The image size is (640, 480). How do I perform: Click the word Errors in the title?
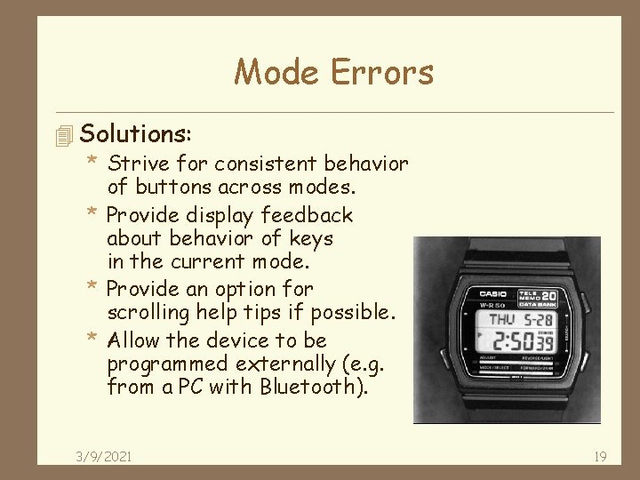(x=384, y=71)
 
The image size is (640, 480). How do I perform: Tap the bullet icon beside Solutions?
(x=62, y=136)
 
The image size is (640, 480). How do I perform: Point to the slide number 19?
(x=599, y=456)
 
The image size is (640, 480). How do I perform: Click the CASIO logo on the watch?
(x=492, y=294)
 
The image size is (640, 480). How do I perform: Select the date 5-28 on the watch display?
(x=538, y=318)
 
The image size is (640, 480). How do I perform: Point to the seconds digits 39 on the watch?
(x=546, y=343)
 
